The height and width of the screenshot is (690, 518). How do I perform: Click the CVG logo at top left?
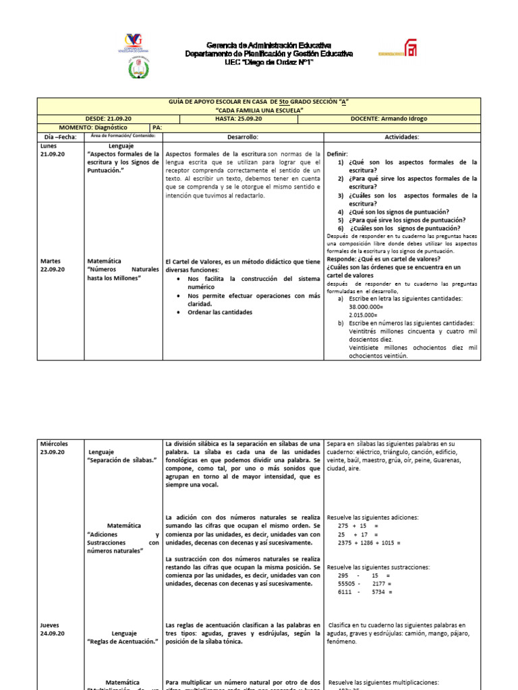coord(138,44)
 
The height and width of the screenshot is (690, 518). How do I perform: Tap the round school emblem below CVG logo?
coord(138,68)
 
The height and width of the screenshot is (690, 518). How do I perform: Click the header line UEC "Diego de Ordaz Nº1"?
coord(268,62)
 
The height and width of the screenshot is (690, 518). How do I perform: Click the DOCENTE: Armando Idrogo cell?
coord(388,119)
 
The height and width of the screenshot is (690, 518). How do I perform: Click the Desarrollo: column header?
coord(243,137)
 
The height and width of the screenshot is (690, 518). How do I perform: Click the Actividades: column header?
coord(402,137)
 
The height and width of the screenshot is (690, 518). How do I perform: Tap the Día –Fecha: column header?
coord(61,137)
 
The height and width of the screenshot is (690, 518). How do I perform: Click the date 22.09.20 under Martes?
coord(52,269)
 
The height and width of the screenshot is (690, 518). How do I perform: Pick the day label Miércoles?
coord(54,443)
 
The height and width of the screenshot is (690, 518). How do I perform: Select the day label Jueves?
coord(51,625)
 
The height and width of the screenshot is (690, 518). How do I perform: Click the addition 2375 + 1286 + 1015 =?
coord(369,542)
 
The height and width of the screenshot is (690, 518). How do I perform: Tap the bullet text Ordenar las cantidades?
coord(220,312)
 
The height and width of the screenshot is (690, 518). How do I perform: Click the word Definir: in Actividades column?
coord(337,154)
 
